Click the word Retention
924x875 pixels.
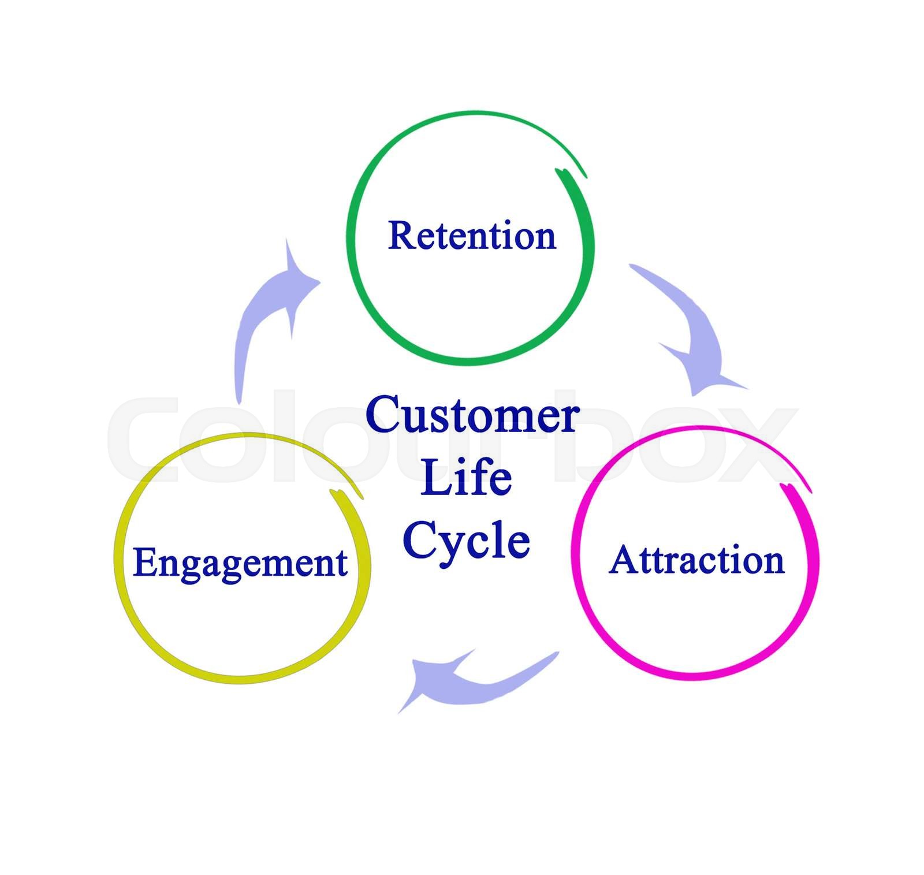coord(472,236)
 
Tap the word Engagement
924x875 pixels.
coord(240,563)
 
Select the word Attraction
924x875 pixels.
coord(696,560)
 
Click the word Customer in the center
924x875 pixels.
coord(472,415)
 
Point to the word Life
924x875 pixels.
coord(466,478)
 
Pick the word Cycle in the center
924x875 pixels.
coord(466,540)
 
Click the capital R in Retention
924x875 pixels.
coord(402,236)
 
